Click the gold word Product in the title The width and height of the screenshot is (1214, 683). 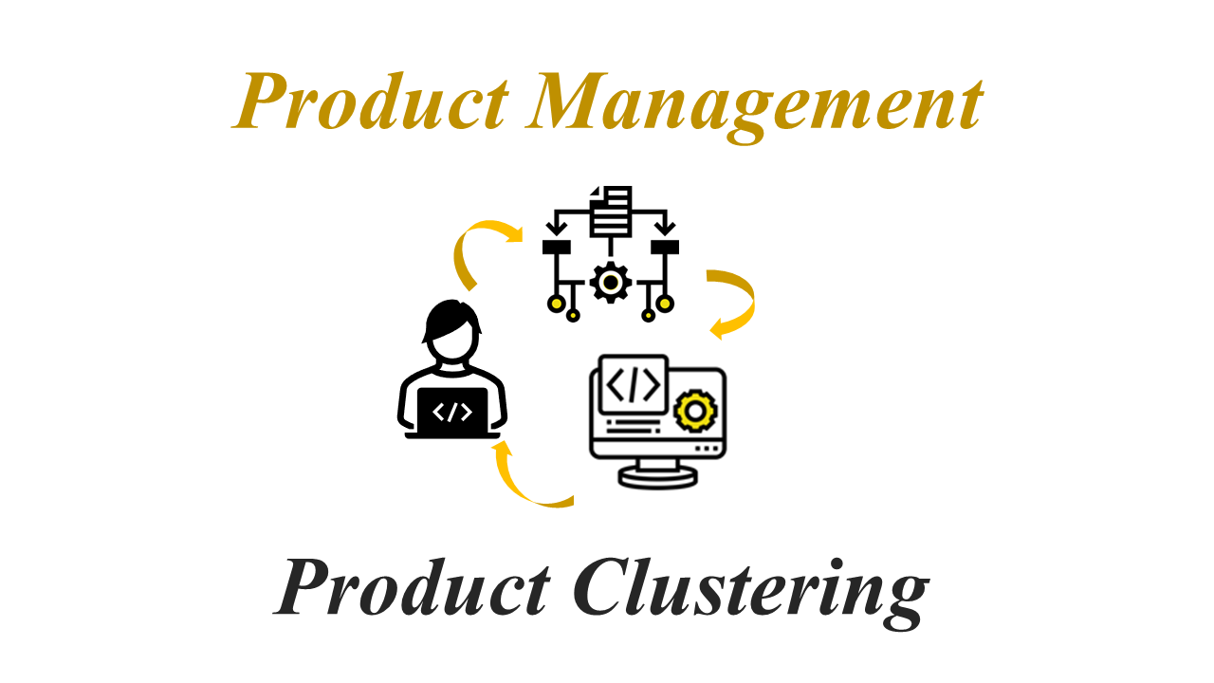[371, 102]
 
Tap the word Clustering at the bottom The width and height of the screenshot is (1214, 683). [752, 594]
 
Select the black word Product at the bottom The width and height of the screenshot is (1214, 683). [412, 587]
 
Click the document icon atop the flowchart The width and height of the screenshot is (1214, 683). [610, 212]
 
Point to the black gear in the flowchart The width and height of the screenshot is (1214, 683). [611, 283]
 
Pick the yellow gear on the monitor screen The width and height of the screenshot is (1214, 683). [695, 412]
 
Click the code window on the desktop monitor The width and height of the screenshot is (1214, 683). [633, 384]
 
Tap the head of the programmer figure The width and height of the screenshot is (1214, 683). [452, 329]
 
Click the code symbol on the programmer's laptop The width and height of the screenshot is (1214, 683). [452, 413]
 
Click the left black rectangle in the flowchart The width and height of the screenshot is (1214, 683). [557, 248]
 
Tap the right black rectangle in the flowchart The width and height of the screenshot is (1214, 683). [665, 248]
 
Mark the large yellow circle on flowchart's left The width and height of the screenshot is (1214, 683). [556, 304]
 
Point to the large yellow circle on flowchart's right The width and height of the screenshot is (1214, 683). [665, 304]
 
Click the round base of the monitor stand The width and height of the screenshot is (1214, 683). [657, 477]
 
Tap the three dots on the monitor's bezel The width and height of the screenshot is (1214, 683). [707, 449]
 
